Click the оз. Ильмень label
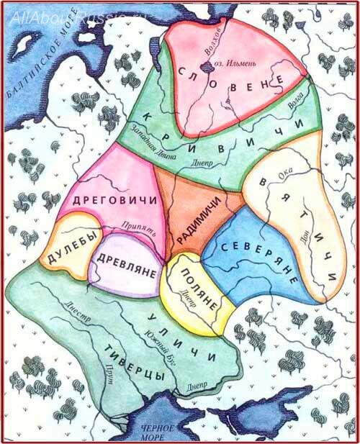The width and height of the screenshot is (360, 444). tap(238, 65)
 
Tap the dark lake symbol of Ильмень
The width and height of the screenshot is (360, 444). tap(208, 66)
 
